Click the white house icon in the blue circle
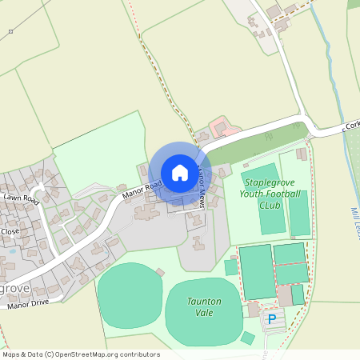click(x=180, y=172)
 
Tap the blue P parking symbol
click(x=272, y=319)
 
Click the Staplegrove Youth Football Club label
click(x=273, y=194)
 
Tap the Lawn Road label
click(x=20, y=197)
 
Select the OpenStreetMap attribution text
click(x=81, y=354)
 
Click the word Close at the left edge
click(x=10, y=231)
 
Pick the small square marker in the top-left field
click(x=10, y=31)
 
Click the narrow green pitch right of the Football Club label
click(x=299, y=213)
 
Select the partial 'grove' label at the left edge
click(x=14, y=286)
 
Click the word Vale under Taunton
click(x=204, y=312)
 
